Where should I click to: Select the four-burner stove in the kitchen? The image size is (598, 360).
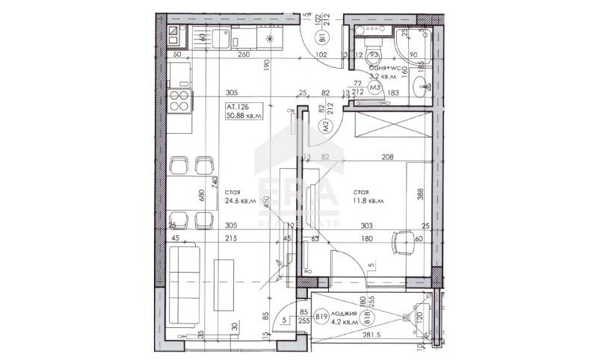pyautogui.click(x=179, y=100)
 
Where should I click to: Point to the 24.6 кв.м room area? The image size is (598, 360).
pyautogui.click(x=241, y=201)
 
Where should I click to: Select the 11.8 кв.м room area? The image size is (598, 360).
pyautogui.click(x=369, y=201)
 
